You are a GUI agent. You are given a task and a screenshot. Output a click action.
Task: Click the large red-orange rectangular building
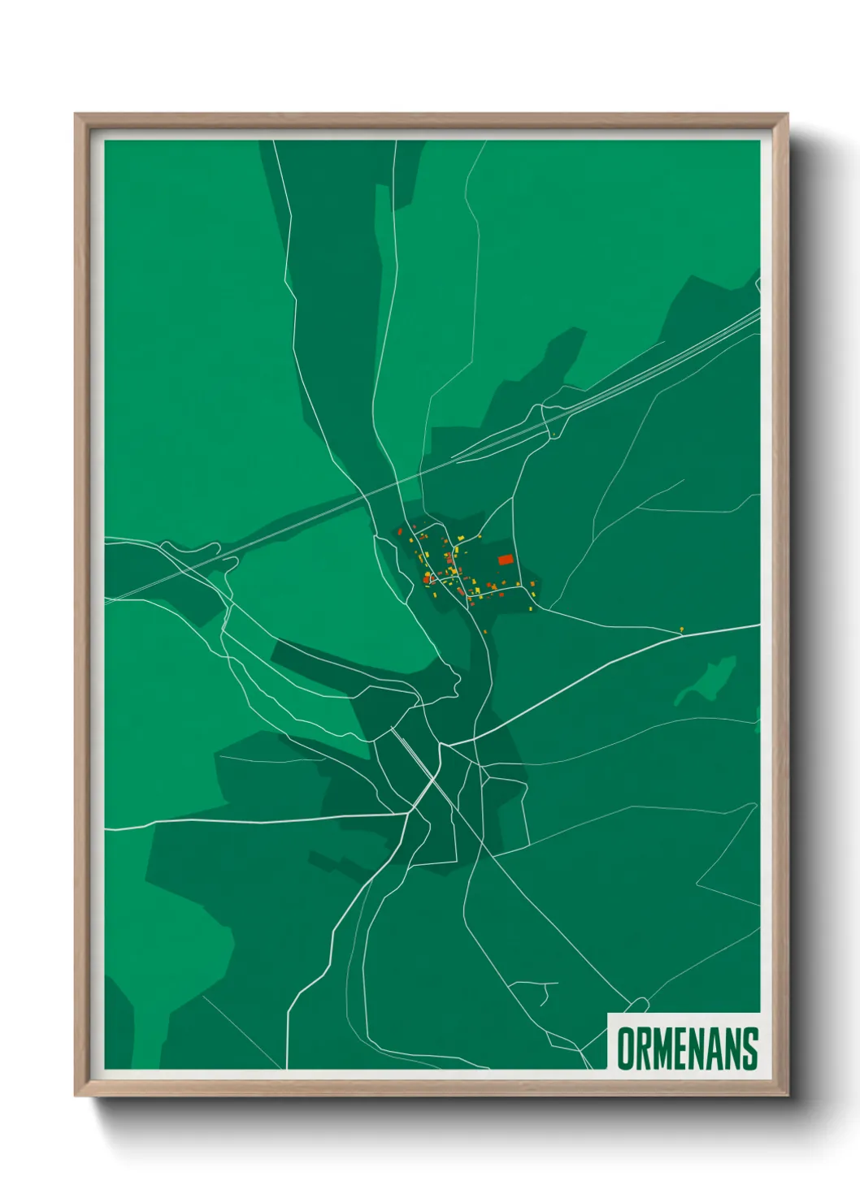[x=505, y=560]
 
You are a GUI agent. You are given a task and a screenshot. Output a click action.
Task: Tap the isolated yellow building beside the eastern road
[x=681, y=629]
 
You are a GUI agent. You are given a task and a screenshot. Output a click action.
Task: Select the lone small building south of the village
[x=485, y=630]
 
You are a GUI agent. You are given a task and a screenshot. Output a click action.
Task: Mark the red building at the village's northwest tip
[x=400, y=531]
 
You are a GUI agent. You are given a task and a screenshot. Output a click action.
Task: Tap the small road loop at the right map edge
[x=758, y=284]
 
